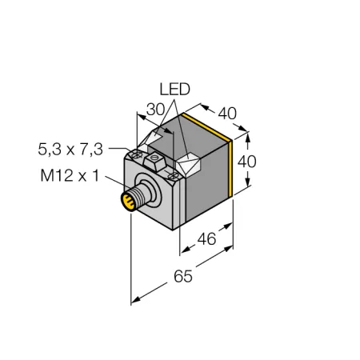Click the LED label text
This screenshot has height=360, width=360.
[174, 90]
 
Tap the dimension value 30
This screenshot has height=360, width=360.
[156, 110]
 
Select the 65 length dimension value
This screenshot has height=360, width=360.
[183, 276]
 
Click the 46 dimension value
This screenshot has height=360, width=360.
[206, 239]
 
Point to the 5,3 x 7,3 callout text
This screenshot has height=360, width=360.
[70, 150]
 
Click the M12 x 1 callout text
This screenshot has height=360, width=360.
[70, 176]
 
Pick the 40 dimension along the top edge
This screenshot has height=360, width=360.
[227, 114]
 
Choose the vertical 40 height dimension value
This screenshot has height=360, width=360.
[247, 162]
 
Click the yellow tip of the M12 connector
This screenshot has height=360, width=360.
[128, 202]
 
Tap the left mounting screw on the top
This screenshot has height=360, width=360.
[137, 154]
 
